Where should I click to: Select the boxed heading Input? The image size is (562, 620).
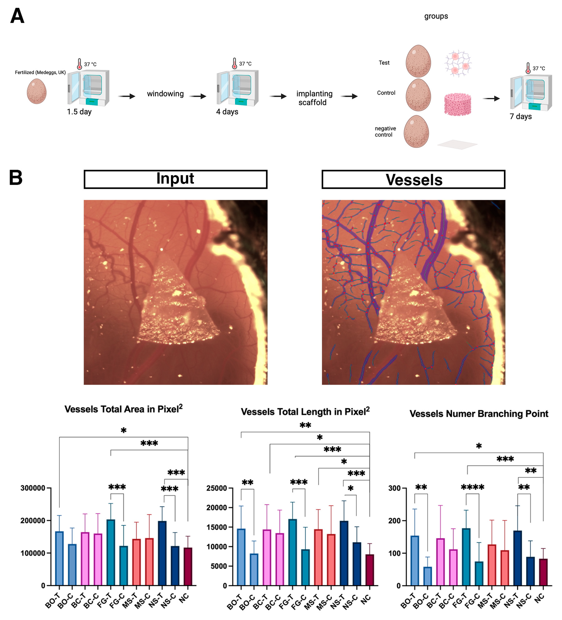[175, 179]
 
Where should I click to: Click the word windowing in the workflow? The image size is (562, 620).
[165, 94]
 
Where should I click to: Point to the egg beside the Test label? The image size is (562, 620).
[418, 61]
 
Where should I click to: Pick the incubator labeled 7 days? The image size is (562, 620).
[531, 92]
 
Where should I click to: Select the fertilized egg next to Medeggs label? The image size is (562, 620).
[37, 91]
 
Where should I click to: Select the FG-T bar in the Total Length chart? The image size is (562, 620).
[292, 552]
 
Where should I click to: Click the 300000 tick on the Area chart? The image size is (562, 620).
[33, 488]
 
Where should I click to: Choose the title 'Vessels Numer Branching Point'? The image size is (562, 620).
[479, 414]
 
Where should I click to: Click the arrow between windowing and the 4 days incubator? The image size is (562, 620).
[198, 96]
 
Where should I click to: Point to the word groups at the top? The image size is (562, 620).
[436, 16]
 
